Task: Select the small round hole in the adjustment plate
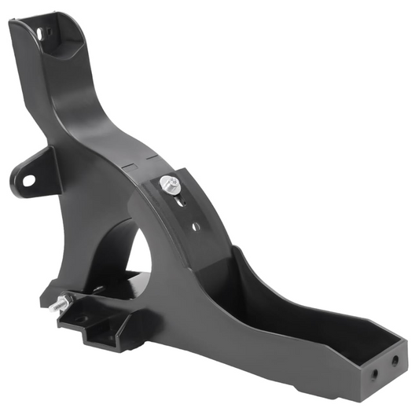[195, 226]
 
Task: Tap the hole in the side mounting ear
[28, 179]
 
